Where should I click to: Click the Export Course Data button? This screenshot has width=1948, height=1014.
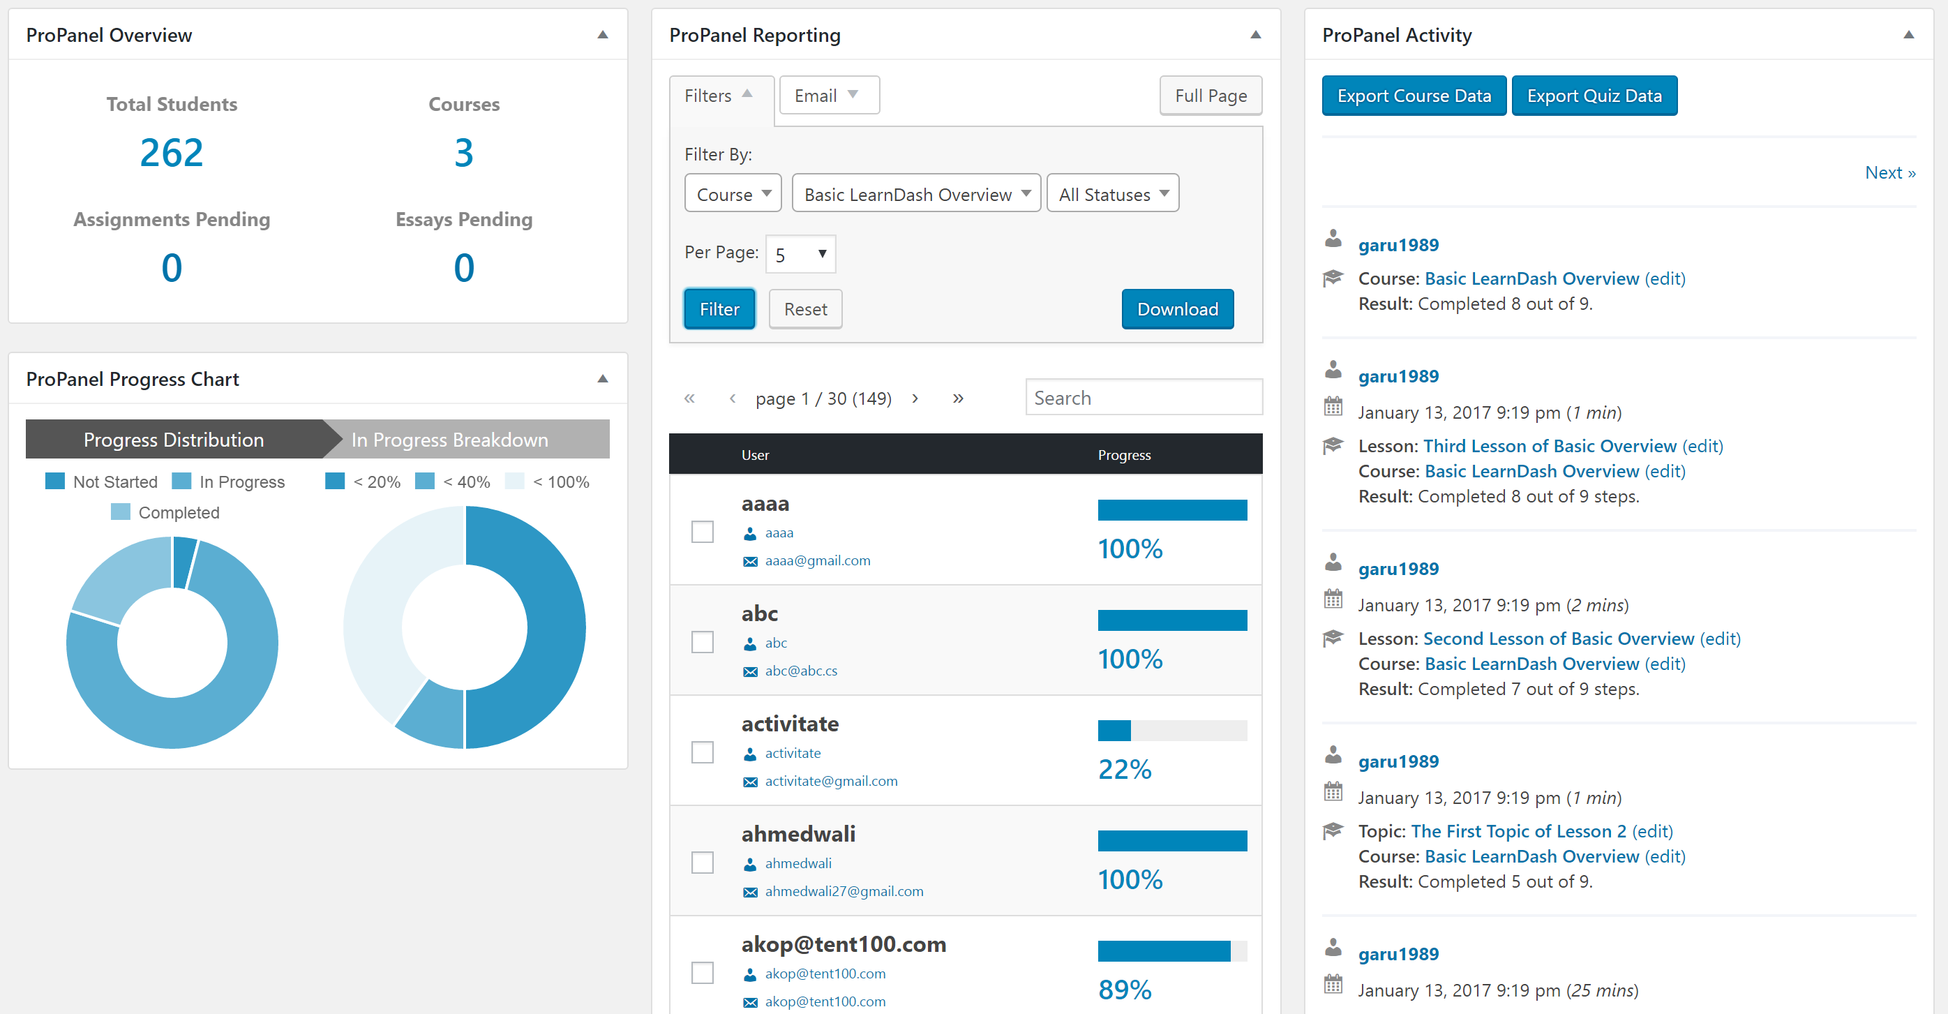1414,96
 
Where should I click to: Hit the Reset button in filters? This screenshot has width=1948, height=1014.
804,309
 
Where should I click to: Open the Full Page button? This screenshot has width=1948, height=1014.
1210,96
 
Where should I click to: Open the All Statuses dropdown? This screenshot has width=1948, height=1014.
1112,194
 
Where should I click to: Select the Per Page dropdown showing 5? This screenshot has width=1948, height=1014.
800,254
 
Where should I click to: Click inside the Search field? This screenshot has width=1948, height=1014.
1143,398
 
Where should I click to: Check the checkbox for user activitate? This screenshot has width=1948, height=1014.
703,752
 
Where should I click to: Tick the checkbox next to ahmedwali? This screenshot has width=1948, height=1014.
703,863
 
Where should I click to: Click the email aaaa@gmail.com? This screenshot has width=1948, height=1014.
818,561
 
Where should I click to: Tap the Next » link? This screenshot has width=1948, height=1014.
1889,173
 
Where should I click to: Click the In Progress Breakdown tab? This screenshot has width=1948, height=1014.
449,440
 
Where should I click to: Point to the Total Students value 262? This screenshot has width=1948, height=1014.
172,153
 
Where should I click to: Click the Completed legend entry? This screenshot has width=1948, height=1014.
179,513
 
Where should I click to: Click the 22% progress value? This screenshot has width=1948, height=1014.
1125,770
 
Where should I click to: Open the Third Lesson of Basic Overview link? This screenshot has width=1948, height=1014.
1550,446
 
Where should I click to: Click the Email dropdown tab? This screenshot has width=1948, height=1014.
828,96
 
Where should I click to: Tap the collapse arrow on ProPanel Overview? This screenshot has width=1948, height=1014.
603,35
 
